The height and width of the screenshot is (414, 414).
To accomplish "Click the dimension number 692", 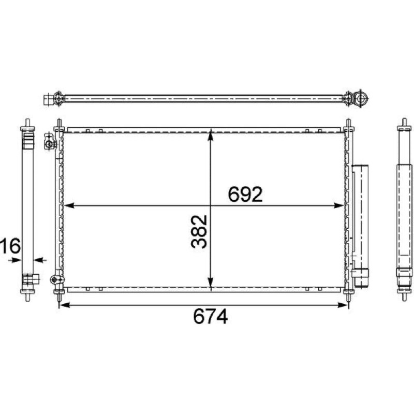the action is [x=245, y=195].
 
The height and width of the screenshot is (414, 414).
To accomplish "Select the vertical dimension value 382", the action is [x=199, y=231].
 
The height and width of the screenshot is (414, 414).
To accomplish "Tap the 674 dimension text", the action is [x=211, y=316].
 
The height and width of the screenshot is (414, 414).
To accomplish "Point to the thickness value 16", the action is [x=10, y=245].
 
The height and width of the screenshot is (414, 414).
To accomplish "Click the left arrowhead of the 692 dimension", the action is [x=69, y=205].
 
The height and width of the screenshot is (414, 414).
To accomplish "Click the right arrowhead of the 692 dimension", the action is [x=339, y=205].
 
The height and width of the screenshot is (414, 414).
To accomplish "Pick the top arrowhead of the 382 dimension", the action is [x=211, y=135].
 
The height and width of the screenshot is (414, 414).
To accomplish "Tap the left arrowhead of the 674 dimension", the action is [x=65, y=305].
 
